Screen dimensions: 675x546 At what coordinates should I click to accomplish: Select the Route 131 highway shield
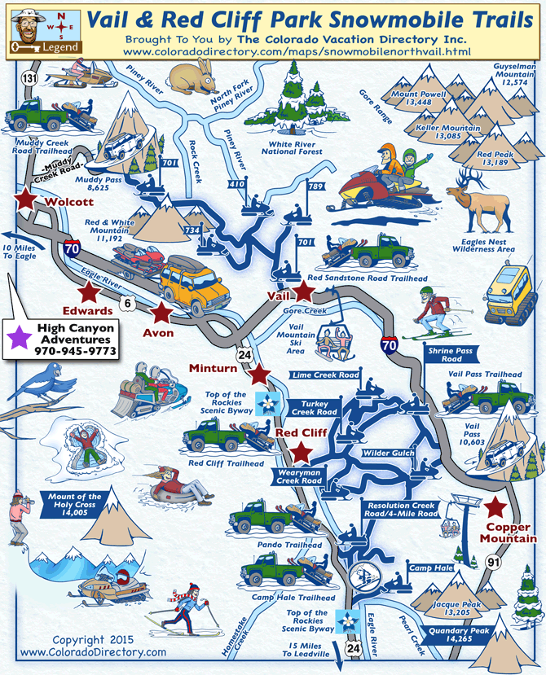click(x=30, y=78)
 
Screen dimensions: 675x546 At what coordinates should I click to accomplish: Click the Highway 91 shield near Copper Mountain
click(x=511, y=561)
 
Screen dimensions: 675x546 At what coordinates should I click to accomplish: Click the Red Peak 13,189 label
click(x=495, y=159)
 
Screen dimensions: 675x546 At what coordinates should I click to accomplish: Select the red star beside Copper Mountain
click(x=494, y=508)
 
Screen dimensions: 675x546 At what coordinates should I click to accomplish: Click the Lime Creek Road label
click(x=325, y=375)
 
